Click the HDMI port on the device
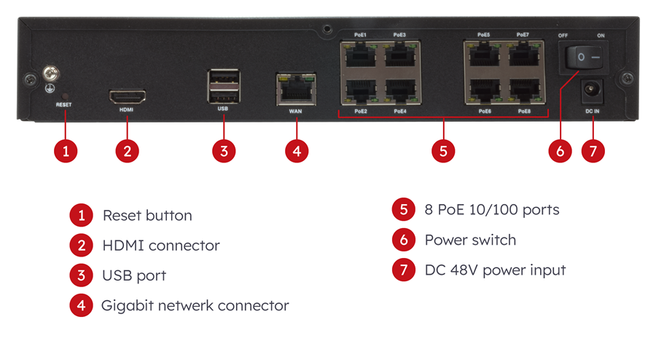coord(127,95)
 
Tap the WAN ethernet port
coord(295,89)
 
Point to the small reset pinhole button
coord(64,95)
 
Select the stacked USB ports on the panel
coord(223,86)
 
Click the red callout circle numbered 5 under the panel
coord(442,151)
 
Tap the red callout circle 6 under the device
coord(560,151)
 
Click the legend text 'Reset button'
coord(147,216)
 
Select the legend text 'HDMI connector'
coord(160,246)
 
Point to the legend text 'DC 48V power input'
coord(495,270)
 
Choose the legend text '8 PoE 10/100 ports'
coord(492,210)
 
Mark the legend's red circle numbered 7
coord(403,270)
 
